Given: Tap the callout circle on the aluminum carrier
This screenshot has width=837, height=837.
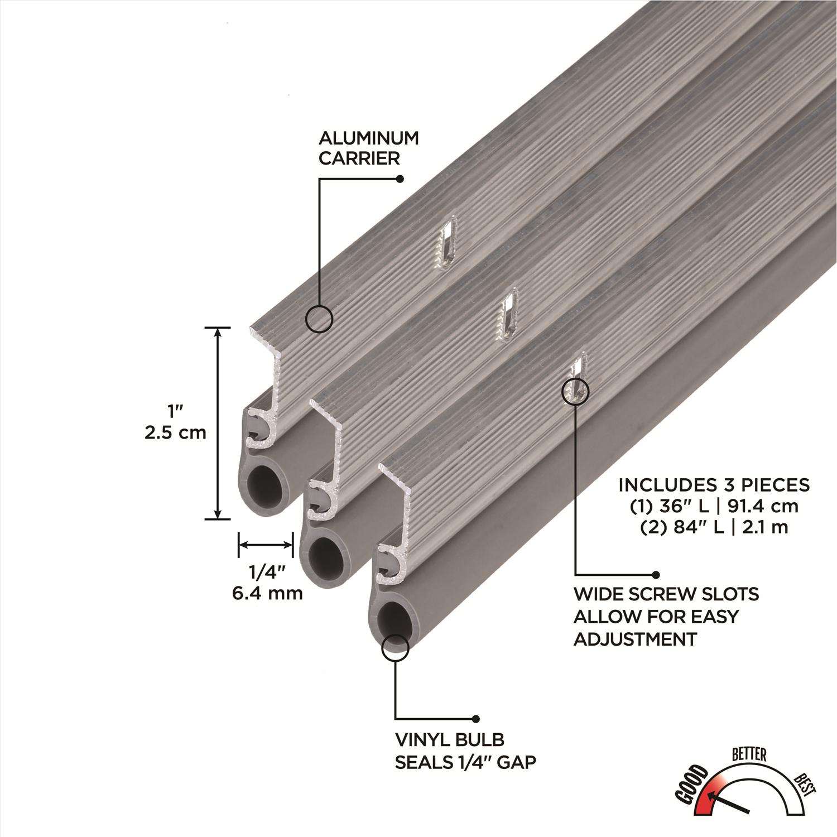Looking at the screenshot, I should click(x=319, y=320).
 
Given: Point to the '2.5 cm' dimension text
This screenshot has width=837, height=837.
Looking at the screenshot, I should click(x=176, y=432).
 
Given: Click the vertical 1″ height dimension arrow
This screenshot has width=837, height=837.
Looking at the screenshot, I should click(x=218, y=423).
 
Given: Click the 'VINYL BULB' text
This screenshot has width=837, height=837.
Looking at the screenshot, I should click(x=450, y=740).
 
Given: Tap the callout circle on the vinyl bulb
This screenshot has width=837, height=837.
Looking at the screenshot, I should click(x=395, y=647).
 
